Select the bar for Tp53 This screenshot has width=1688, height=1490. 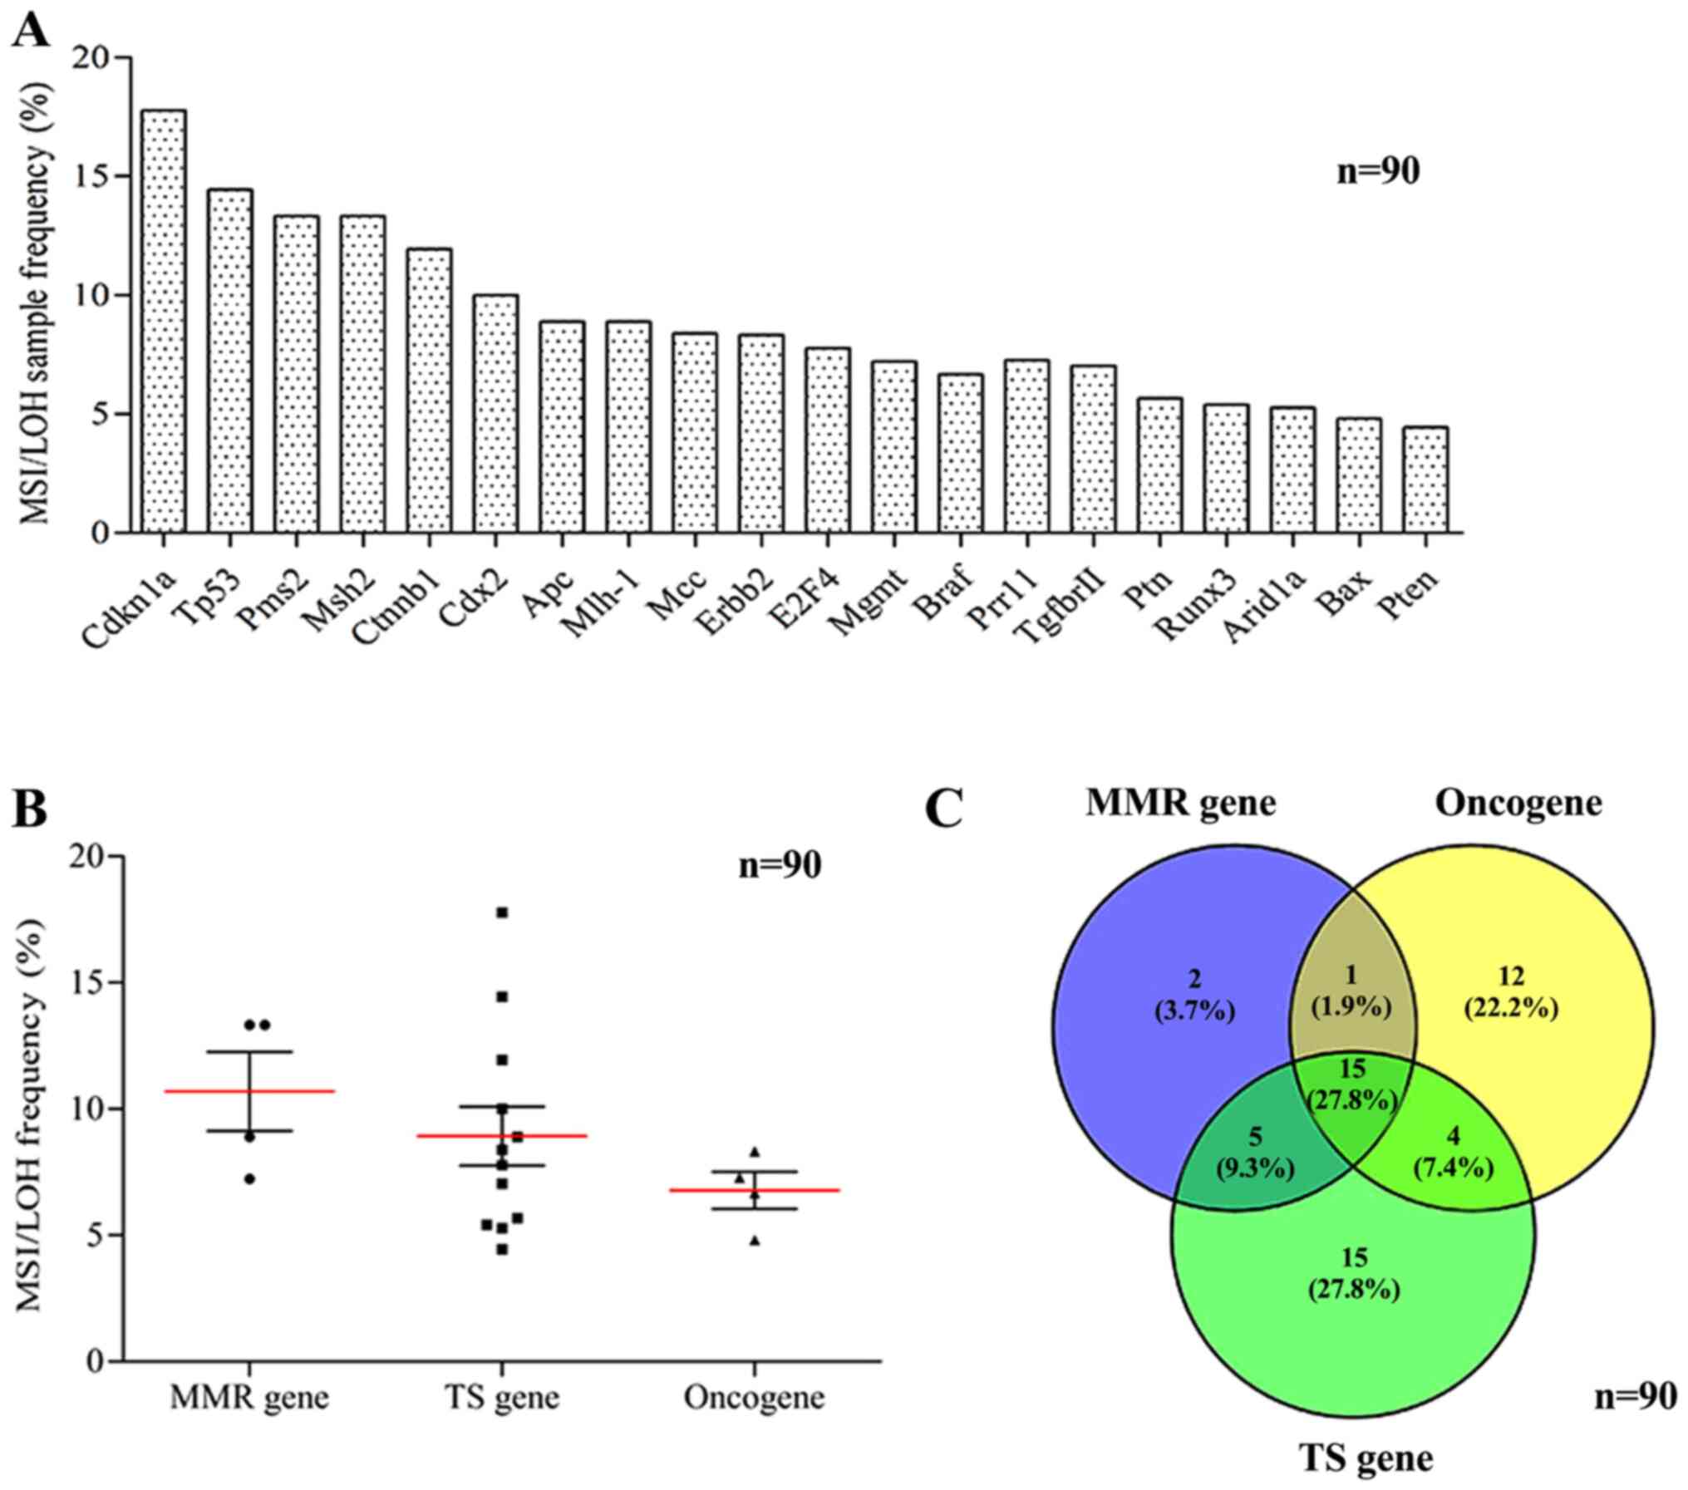coord(229,361)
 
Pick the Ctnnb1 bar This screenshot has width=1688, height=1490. coord(429,391)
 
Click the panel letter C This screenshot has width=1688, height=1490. coord(945,809)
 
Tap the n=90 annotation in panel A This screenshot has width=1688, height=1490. coord(1378,171)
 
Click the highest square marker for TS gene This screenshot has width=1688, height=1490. coord(502,912)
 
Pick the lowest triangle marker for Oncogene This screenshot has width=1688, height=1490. coord(755,1241)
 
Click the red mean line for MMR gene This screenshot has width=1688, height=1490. coord(249,1091)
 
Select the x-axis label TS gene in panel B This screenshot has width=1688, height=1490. coord(501,1397)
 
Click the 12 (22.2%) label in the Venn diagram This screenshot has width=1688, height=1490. coord(1510,994)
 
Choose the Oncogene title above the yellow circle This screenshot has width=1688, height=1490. coord(1518,804)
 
